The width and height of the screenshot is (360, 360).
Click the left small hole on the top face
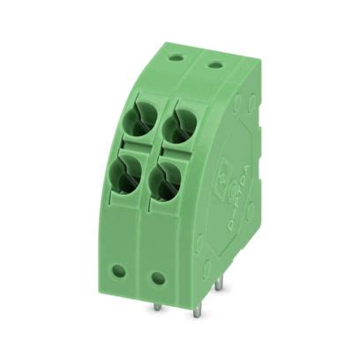tap(176, 57)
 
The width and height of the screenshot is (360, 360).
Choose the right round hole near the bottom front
tap(158, 278)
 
